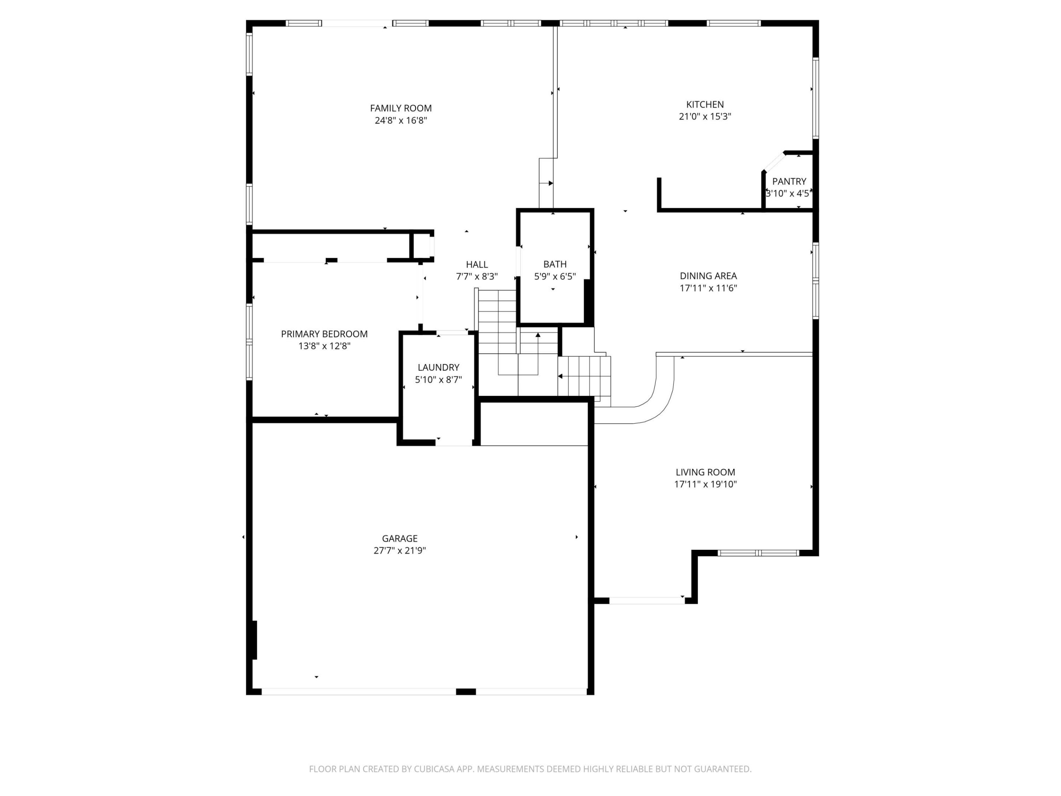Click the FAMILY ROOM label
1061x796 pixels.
pos(400,108)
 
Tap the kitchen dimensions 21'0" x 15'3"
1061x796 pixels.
pos(705,116)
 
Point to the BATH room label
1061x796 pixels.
pos(555,264)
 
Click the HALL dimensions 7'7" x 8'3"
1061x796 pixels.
pos(477,277)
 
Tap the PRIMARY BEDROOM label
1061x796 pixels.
pos(324,334)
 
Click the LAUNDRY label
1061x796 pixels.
pos(438,367)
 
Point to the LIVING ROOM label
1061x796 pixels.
pos(705,472)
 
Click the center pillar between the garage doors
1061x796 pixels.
pos(465,691)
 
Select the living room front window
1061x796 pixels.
pos(758,553)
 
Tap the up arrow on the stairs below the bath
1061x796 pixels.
pos(538,335)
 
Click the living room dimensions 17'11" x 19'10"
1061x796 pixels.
pos(705,485)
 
